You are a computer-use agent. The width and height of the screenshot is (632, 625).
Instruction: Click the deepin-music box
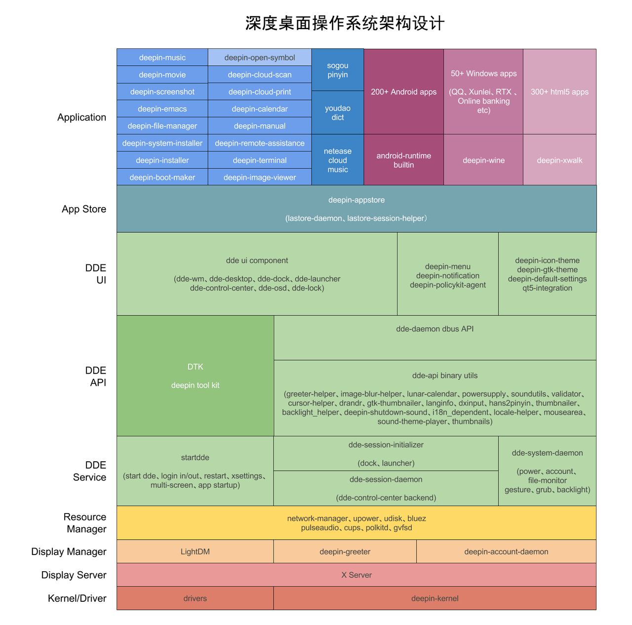162,57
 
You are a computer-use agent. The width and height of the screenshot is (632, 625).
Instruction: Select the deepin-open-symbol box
260,57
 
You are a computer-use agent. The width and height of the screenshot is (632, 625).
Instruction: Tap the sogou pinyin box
338,70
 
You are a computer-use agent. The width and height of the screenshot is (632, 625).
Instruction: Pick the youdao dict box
338,112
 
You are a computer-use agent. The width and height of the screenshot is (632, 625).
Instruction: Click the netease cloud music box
338,160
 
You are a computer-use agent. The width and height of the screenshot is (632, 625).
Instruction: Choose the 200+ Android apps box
403,92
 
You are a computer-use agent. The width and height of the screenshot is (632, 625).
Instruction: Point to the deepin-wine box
483,160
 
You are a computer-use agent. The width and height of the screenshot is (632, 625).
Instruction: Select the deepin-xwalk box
559,160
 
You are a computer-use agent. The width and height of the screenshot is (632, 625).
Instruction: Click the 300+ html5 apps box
559,92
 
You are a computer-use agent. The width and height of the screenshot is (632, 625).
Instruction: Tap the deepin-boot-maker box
162,177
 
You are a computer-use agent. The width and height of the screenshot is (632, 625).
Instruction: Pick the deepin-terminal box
260,160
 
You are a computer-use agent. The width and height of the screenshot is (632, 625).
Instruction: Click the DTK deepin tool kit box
195,376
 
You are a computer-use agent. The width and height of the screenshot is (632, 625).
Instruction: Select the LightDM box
195,551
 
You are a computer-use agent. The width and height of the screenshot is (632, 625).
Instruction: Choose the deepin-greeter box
345,551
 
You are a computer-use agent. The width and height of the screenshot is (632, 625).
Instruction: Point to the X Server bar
356,575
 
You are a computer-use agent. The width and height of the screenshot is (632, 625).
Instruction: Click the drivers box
195,598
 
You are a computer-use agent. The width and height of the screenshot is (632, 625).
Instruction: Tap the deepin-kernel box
434,598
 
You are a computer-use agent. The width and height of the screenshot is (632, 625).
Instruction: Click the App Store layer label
84,209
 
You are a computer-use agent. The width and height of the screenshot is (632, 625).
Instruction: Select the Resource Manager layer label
85,523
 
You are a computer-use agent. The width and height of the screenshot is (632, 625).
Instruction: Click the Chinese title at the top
345,23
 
